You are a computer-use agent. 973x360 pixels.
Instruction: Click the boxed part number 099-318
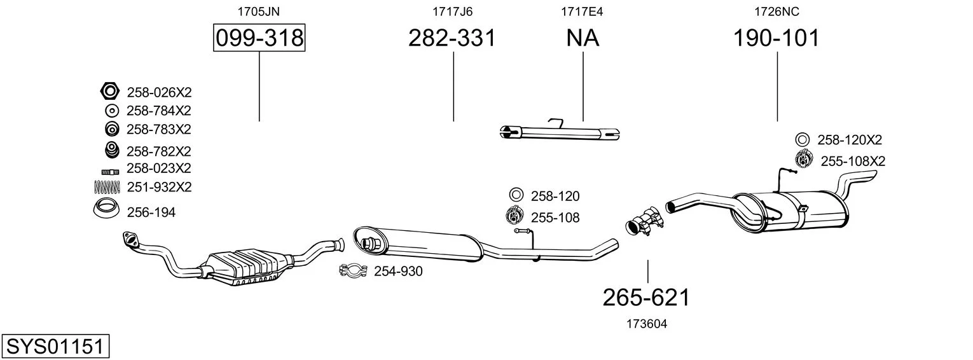pos(259,38)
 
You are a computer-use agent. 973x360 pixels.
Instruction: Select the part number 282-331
pos(452,38)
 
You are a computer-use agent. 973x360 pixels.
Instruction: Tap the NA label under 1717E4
pos(583,38)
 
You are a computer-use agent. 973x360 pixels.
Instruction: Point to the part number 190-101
pos(776,38)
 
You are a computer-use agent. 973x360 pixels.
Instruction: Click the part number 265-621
pos(646,298)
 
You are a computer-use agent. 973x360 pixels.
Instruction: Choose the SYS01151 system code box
pos(55,346)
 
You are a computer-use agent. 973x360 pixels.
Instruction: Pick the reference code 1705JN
pos(258,11)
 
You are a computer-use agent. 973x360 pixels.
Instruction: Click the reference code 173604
pos(647,324)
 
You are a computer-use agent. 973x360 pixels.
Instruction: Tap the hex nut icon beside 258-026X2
pos(109,91)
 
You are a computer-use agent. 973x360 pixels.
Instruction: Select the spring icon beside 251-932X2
pos(107,187)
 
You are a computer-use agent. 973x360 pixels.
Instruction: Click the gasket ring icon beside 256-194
pos(106,209)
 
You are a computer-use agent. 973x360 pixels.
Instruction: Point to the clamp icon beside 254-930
pos(354,270)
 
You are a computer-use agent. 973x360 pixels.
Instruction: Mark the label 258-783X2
pos(158,129)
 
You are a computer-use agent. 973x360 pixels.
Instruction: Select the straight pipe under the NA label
pos(560,133)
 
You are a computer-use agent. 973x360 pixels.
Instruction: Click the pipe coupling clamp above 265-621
pos(644,221)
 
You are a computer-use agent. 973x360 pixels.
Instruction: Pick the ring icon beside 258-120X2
pos(803,140)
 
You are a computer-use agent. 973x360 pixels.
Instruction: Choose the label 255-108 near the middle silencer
pos(555,218)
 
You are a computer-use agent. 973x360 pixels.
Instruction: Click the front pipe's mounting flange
pos(130,239)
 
